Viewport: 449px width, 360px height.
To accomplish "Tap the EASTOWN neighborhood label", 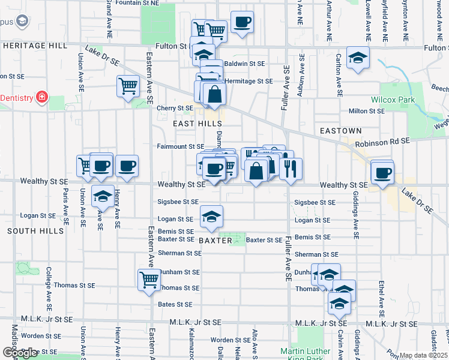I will tap(340, 130).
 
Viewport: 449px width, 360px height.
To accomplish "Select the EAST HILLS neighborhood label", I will tap(197, 123).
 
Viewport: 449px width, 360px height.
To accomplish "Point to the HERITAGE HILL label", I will tap(34, 46).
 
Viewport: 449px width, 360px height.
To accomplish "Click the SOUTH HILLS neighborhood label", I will tap(35, 231).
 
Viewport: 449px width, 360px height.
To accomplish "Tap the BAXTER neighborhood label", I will tap(215, 240).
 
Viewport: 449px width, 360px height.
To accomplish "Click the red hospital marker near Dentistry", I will tap(41, 97).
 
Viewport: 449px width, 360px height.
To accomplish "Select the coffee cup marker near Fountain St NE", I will tap(242, 23).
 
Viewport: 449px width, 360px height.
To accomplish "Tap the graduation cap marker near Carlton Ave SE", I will tap(358, 58).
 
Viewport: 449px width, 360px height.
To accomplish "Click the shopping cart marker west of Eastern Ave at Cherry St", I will tap(128, 87).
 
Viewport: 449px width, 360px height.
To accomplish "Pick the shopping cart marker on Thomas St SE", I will tap(149, 280).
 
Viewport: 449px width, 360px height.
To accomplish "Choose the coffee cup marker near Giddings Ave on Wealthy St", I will tap(382, 173).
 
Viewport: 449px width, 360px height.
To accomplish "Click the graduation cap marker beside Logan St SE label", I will tap(211, 217).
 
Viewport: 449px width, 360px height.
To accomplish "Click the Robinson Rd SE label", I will tap(382, 142).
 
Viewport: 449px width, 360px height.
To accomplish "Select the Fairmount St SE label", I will tap(181, 146).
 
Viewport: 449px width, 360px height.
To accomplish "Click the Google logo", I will tap(20, 353).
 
